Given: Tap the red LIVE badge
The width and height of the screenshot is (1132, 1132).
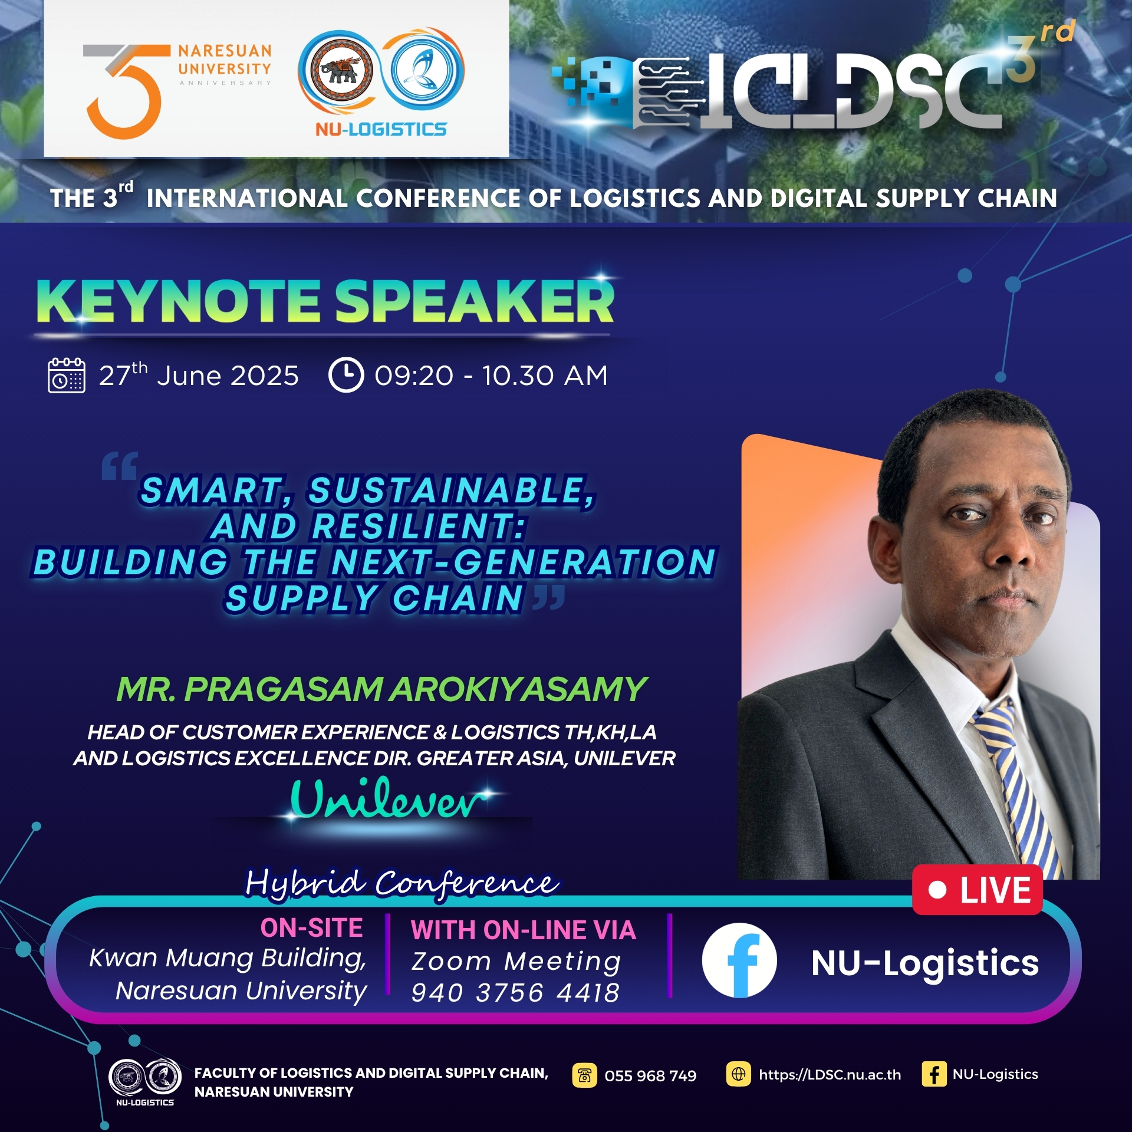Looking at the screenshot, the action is (x=977, y=890).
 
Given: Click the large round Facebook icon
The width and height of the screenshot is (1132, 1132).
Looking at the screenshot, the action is (x=739, y=960).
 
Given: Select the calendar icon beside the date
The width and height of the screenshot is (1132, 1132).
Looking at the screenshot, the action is (x=66, y=375).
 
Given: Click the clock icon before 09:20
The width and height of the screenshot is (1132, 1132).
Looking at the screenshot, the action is (x=345, y=375).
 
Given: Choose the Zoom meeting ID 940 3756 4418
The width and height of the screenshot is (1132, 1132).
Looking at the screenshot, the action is (x=515, y=993).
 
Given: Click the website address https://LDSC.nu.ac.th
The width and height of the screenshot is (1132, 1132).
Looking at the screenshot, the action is (x=830, y=1075).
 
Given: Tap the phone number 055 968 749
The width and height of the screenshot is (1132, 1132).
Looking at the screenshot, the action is (x=650, y=1076).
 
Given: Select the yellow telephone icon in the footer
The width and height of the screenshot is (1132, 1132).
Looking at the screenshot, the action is (x=584, y=1075).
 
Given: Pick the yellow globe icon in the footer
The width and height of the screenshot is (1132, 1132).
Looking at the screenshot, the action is (x=738, y=1074).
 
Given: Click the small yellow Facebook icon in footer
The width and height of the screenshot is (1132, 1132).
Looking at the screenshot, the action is (x=934, y=1074).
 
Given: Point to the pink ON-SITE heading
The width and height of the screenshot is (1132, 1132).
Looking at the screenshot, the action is (x=311, y=928).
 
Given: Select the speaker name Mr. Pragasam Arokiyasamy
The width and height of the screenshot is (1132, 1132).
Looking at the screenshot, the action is (x=382, y=689).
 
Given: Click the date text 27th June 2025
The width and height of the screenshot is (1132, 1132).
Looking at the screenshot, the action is (x=199, y=375).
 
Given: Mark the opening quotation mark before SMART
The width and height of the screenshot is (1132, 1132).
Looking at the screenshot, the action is (x=120, y=466).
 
